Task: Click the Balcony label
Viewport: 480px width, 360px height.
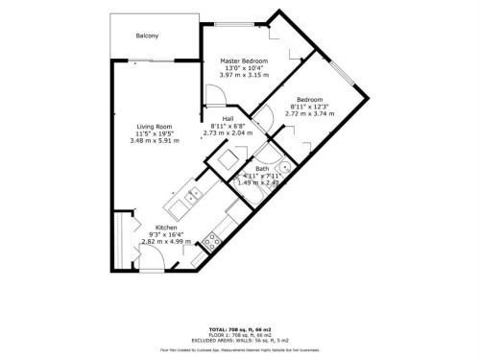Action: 146,37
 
